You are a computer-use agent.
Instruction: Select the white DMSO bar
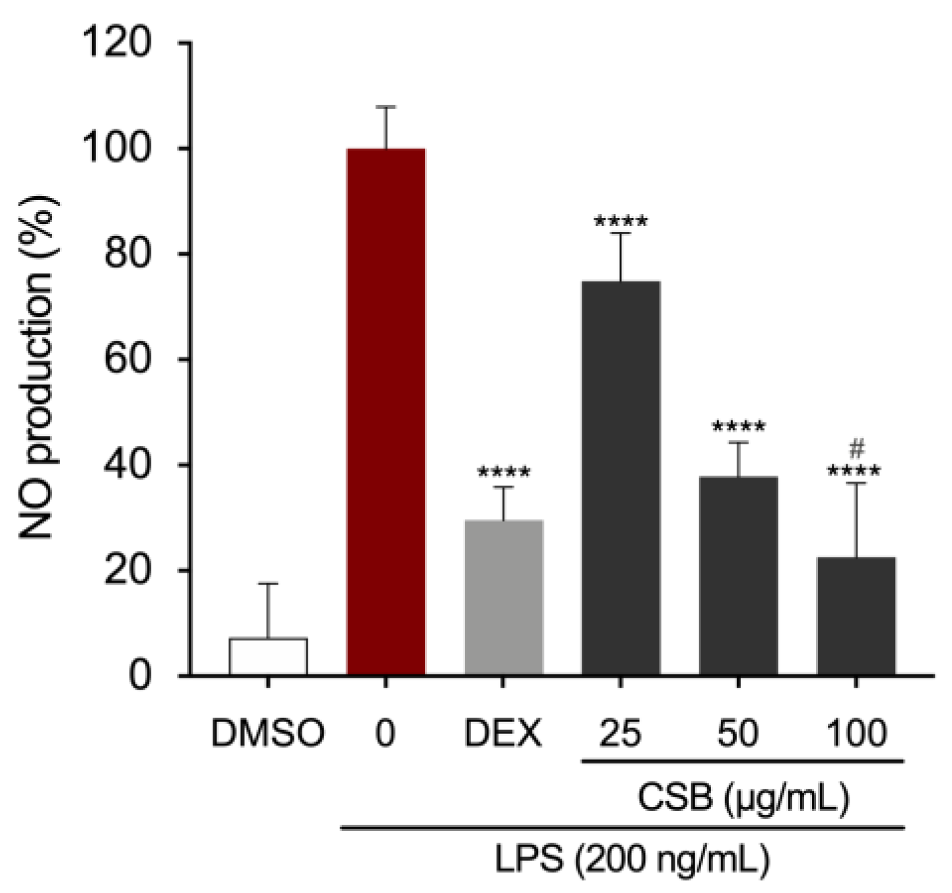[268, 657]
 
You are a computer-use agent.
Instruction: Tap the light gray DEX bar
[504, 598]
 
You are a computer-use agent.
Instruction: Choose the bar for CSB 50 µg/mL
[738, 575]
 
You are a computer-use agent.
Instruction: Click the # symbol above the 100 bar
[856, 450]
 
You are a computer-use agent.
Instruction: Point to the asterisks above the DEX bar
[504, 473]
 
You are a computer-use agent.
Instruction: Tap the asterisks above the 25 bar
[621, 221]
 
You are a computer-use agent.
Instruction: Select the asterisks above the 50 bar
[738, 427]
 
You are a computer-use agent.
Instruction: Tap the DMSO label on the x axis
[268, 733]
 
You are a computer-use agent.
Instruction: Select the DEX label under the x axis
[504, 733]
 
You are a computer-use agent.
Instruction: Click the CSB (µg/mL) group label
[743, 798]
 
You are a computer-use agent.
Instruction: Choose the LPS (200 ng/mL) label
[632, 860]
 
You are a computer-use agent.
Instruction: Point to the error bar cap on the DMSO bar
[268, 584]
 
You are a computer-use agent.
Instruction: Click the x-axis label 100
[856, 733]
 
